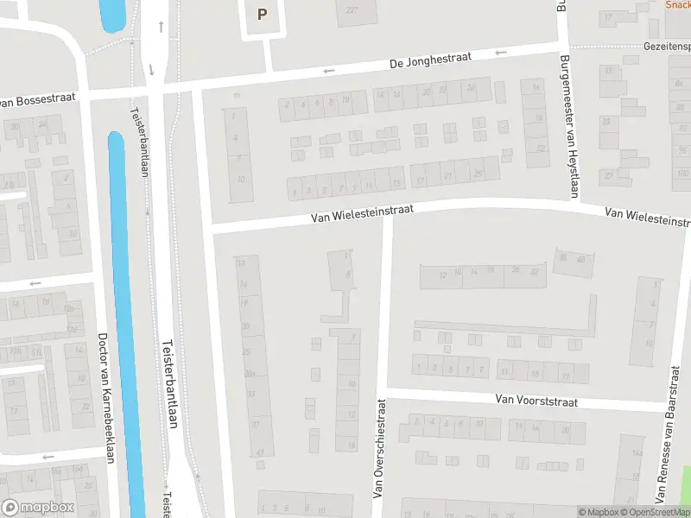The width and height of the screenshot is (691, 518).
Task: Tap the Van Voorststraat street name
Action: (x=536, y=400)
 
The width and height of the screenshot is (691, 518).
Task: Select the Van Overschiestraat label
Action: (x=378, y=448)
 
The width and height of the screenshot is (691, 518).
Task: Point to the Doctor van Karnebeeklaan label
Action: (x=106, y=398)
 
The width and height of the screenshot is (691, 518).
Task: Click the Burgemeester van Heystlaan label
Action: (x=567, y=125)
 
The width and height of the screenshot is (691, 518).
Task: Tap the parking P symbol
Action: (x=262, y=15)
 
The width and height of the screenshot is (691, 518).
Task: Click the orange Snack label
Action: (x=678, y=4)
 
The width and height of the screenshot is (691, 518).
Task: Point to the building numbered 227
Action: (x=352, y=10)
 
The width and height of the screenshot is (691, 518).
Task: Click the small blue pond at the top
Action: (x=112, y=14)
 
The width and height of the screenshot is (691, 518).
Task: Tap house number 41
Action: (x=259, y=452)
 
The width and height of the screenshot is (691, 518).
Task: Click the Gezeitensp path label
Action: (x=667, y=45)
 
